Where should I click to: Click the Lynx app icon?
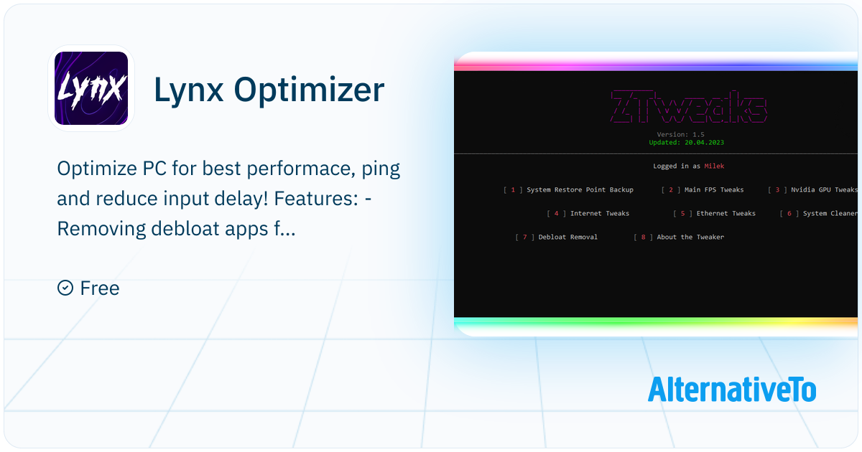(91, 88)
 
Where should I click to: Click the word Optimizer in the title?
(309, 90)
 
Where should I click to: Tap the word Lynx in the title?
(188, 90)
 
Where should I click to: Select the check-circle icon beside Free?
(65, 288)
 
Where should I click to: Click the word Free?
(100, 288)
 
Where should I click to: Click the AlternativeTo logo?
(731, 390)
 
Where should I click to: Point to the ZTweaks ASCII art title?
(688, 106)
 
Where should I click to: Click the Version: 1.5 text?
(680, 135)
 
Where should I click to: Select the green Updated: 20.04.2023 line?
(686, 143)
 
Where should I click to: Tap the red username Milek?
(714, 166)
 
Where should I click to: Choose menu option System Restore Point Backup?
(580, 190)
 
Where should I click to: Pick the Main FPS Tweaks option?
(714, 190)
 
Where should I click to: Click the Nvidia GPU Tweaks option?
(824, 190)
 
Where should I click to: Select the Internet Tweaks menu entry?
(600, 213)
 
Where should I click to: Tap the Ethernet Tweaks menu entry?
(726, 213)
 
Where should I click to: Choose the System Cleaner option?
(830, 213)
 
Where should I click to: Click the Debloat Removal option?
(567, 237)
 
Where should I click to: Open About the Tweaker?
(690, 237)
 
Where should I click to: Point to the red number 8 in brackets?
(643, 237)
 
